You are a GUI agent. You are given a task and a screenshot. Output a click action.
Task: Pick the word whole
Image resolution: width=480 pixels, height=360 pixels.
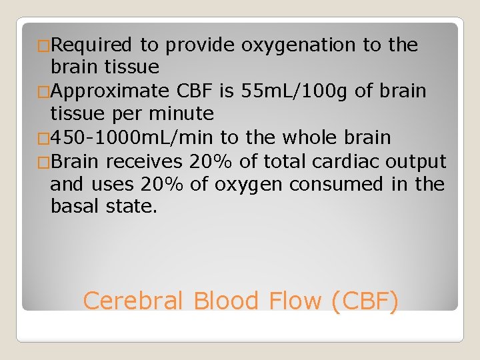point(315,137)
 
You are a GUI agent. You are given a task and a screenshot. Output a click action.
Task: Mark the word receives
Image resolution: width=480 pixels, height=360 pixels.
point(145,161)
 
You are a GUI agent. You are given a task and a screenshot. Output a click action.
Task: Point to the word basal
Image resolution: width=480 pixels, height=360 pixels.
point(75,207)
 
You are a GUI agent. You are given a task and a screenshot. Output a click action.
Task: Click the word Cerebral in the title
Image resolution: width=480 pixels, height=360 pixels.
point(133,301)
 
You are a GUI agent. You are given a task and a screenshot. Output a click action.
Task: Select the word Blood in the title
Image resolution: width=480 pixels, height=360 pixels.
point(227,301)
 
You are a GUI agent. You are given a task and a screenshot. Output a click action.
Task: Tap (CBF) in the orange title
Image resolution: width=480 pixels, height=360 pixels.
point(365,301)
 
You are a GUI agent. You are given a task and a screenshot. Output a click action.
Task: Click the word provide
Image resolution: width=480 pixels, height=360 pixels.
point(201,45)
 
